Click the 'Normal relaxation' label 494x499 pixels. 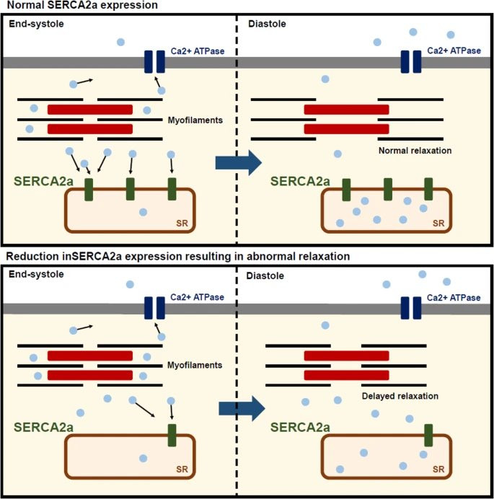(x=414, y=151)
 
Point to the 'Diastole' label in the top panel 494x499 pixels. (x=268, y=23)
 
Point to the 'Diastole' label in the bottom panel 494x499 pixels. (x=268, y=275)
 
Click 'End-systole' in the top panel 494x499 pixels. (x=33, y=23)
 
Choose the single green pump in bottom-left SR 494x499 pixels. (x=172, y=435)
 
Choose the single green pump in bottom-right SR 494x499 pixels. (x=428, y=435)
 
